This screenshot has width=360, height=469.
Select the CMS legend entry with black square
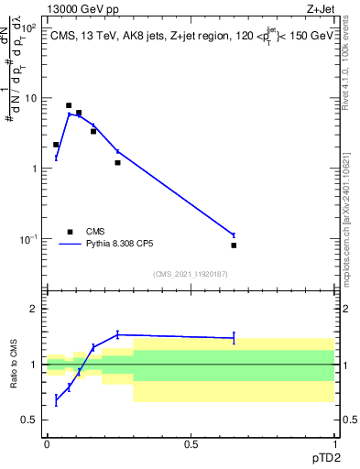coord(70,231)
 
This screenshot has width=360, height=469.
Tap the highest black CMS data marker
coord(69,105)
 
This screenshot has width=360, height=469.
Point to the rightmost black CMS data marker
coord(234,245)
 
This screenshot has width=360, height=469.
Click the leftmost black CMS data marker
coord(56,145)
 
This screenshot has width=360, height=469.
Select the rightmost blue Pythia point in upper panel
coord(234,235)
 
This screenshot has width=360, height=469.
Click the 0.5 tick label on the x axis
coord(191,443)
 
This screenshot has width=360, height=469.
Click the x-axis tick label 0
coord(47,443)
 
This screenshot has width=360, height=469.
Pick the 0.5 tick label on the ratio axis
coord(30,420)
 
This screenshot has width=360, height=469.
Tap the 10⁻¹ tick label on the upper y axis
coord(28,240)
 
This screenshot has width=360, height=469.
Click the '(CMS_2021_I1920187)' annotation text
coord(190,274)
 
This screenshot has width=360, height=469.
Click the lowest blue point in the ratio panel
coord(56,400)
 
